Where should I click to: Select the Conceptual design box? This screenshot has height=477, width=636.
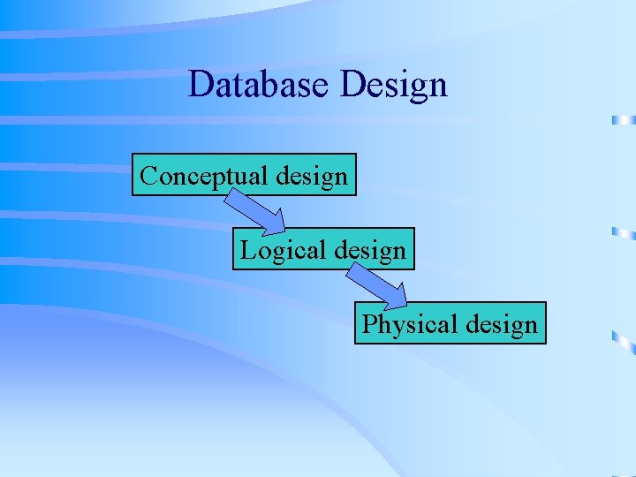pyautogui.click(x=244, y=175)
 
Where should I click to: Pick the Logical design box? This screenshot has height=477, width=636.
pyautogui.click(x=323, y=249)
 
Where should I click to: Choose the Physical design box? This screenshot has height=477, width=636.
pyautogui.click(x=450, y=323)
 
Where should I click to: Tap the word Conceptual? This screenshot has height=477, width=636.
pyautogui.click(x=204, y=176)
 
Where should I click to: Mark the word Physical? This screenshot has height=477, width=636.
pyautogui.click(x=407, y=324)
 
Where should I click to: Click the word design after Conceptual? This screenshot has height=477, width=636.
pyautogui.click(x=311, y=176)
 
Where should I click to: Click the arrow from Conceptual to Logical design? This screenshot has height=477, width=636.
pyautogui.click(x=253, y=211)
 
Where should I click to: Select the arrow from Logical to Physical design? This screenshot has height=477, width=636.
pyautogui.click(x=376, y=285)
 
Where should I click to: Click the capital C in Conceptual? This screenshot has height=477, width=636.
pyautogui.click(x=148, y=175)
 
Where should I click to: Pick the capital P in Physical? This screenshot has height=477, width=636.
pyautogui.click(x=369, y=324)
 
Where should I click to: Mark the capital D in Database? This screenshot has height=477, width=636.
pyautogui.click(x=201, y=85)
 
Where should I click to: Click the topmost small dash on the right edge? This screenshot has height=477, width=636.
pyautogui.click(x=624, y=119)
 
